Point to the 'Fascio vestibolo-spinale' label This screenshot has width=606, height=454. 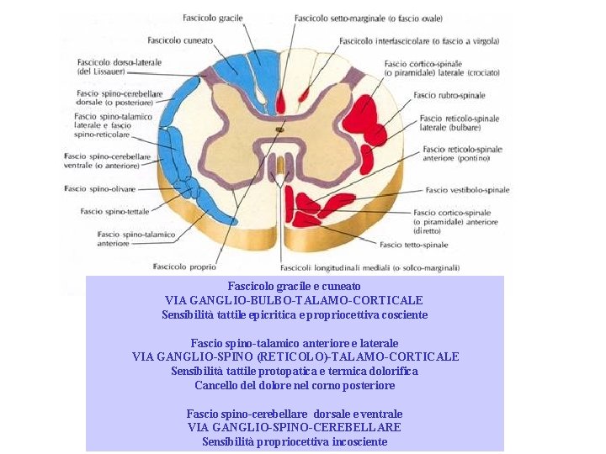click(467, 190)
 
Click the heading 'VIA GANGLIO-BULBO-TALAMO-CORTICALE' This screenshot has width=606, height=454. click(294, 300)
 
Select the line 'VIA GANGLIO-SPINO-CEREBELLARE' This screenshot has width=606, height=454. click(295, 428)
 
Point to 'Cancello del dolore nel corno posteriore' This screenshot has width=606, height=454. click(295, 385)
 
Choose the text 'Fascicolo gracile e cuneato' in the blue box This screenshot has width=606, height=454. click(295, 287)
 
